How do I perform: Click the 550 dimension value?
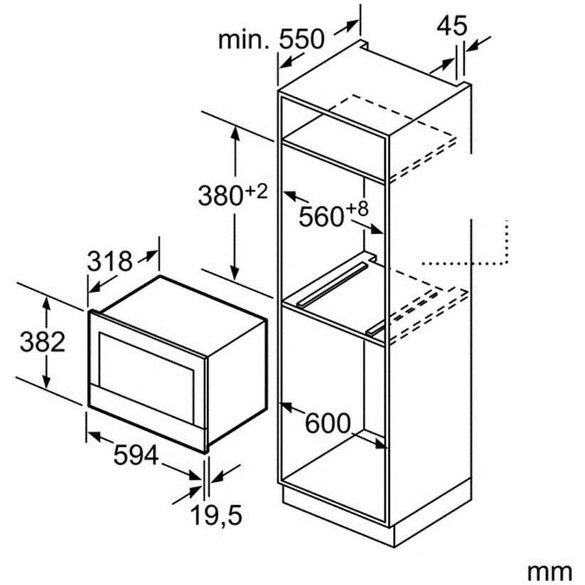(x=302, y=40)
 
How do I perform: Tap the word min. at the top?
(x=244, y=40)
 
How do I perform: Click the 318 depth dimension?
(x=110, y=261)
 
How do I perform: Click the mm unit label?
(x=549, y=570)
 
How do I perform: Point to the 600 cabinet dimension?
(x=328, y=424)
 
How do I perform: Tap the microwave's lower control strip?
(x=146, y=412)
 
